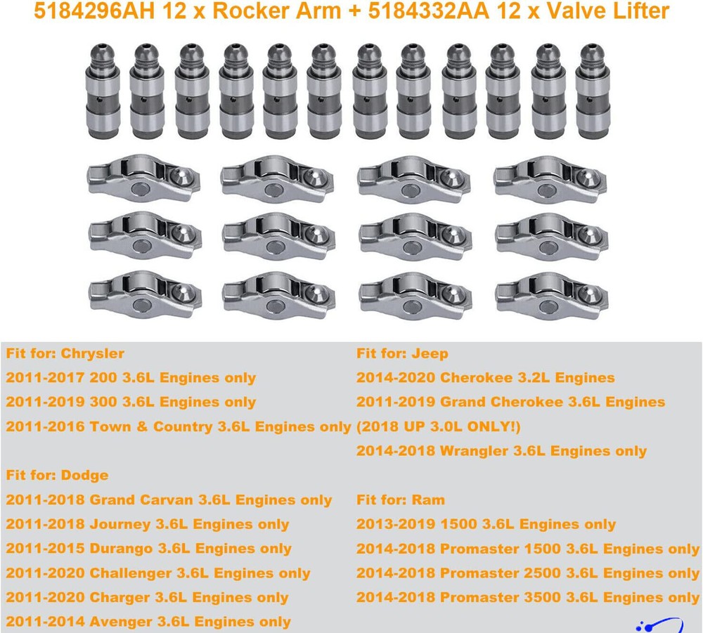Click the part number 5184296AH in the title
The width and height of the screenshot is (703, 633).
(x=94, y=11)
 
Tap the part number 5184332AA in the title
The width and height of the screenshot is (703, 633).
(x=429, y=11)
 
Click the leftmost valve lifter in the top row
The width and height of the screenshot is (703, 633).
(x=103, y=91)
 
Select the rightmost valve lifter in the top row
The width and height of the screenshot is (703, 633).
(x=593, y=91)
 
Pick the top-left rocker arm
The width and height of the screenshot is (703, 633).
(x=143, y=178)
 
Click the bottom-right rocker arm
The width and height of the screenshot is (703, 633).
(x=552, y=296)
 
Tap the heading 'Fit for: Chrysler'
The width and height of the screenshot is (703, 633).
(x=65, y=353)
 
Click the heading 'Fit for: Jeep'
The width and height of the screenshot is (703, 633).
(x=402, y=353)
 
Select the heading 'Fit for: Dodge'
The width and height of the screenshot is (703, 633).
(x=57, y=476)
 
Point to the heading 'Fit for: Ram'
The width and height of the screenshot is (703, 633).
(x=401, y=500)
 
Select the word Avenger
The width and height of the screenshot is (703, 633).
(x=121, y=622)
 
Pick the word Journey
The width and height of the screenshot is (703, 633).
(x=120, y=524)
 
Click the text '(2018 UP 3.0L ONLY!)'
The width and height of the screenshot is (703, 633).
(x=439, y=426)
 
